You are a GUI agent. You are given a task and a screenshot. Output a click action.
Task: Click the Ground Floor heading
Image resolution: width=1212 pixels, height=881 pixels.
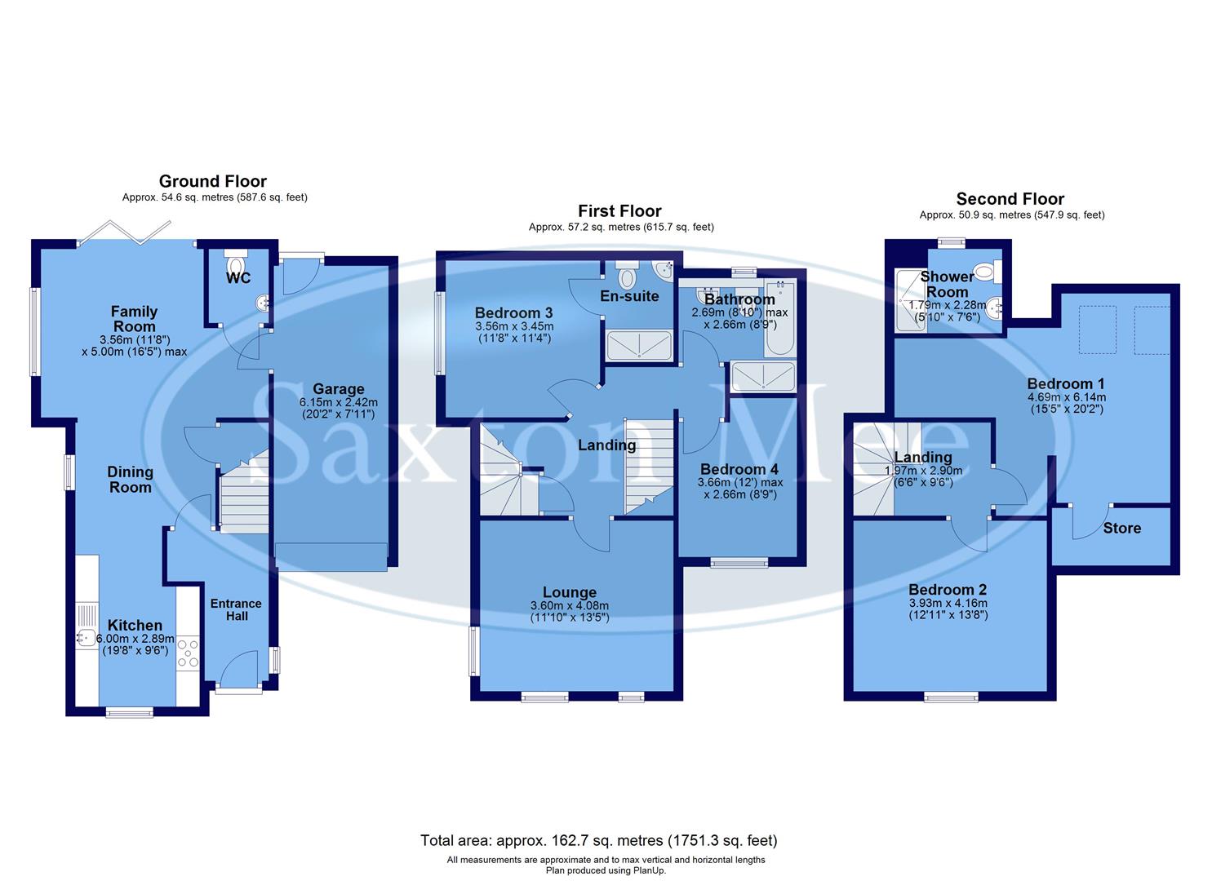tap(212, 181)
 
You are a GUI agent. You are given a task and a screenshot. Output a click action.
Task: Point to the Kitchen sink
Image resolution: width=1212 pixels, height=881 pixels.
tap(86, 638)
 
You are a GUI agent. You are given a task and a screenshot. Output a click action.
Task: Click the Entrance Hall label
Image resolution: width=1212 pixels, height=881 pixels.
tap(237, 609)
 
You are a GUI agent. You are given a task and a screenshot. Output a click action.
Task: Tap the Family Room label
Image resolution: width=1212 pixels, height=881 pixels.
tap(134, 319)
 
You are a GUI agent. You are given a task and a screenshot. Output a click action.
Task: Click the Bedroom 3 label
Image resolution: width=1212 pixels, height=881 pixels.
tap(513, 312)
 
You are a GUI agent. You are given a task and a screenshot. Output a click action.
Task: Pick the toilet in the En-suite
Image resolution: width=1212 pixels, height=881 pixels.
tap(627, 277)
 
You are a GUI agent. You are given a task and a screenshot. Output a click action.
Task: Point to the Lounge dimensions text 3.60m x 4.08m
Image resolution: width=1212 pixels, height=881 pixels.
tap(570, 606)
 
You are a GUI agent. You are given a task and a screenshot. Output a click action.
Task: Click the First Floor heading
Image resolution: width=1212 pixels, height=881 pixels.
tap(619, 211)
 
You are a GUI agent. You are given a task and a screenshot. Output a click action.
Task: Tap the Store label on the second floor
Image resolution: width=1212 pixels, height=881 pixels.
tap(1121, 528)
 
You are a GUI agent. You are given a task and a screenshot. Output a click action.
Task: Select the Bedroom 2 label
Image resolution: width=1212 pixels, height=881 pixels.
tap(948, 590)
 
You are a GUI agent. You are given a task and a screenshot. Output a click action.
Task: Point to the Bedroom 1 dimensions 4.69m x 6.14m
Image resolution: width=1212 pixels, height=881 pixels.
tap(1065, 397)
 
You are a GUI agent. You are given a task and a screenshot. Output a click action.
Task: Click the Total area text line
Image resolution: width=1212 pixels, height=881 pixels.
tap(598, 839)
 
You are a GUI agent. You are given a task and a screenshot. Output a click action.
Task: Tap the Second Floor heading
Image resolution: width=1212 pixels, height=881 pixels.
tap(1010, 199)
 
